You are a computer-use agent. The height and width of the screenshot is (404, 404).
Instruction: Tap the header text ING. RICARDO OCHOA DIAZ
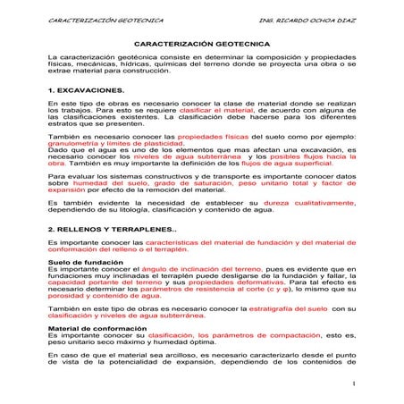[295, 17]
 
